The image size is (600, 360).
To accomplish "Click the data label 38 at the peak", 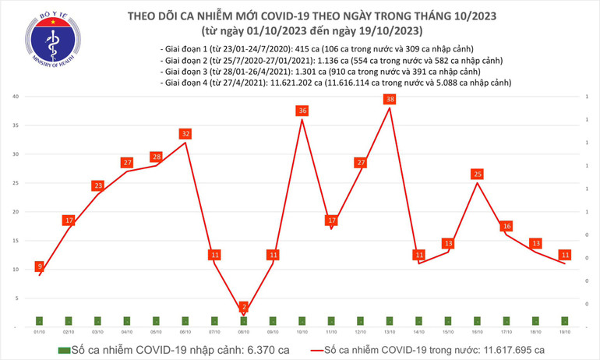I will [390, 99].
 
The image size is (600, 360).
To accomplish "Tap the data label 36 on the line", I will [302, 111].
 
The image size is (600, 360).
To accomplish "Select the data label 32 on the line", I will [185, 134].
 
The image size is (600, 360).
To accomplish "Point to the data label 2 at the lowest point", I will [244, 306].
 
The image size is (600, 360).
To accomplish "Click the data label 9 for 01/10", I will [39, 267].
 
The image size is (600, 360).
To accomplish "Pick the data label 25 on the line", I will [478, 174].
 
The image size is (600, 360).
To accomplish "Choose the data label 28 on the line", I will [156, 157].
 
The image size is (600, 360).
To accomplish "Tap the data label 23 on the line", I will [97, 185].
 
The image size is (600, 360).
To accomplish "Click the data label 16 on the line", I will [506, 226].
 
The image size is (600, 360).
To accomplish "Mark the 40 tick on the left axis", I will [16, 97].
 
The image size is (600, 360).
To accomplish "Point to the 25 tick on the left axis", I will [16, 183].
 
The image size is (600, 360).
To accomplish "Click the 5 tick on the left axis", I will [16, 298].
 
